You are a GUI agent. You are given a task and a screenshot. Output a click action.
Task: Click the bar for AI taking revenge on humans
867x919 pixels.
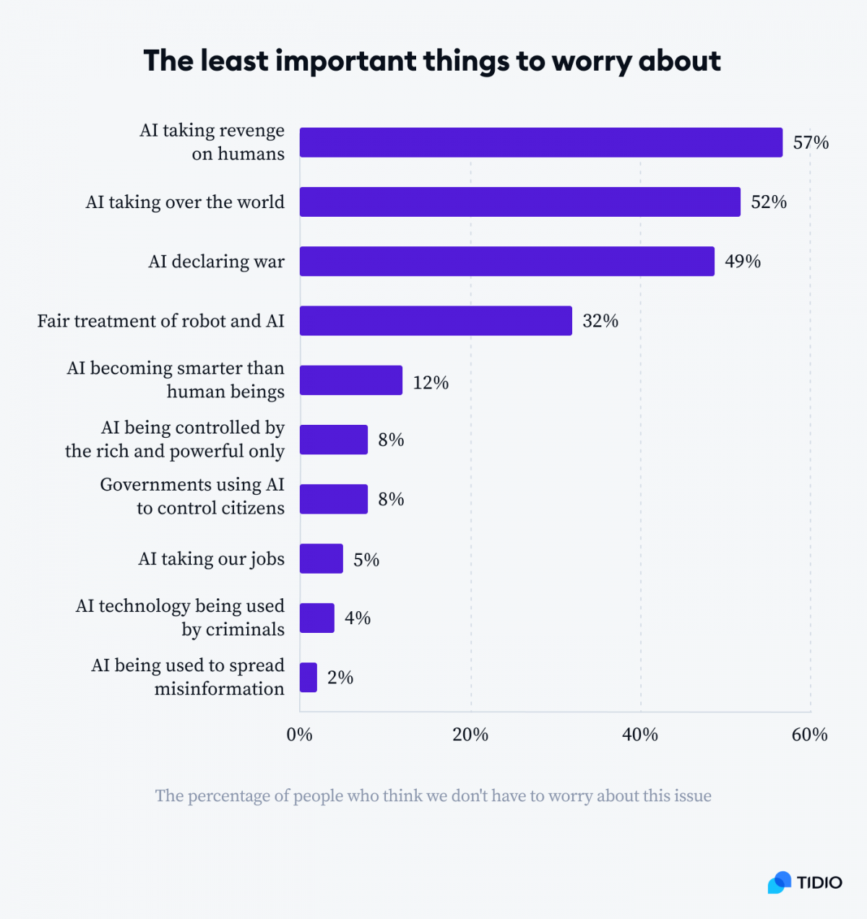point(540,142)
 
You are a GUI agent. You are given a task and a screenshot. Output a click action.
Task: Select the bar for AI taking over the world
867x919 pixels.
point(519,202)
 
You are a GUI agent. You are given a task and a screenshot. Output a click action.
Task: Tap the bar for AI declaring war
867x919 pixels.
point(506,261)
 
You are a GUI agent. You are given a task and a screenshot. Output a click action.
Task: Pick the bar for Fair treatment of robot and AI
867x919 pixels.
point(436,321)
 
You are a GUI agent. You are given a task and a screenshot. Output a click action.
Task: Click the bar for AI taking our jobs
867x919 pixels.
point(321,558)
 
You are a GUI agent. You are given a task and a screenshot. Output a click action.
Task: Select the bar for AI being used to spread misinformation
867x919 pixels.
point(309,678)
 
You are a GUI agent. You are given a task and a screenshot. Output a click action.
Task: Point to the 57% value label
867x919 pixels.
point(811,142)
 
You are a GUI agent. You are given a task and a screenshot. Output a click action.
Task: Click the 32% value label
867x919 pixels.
point(600,321)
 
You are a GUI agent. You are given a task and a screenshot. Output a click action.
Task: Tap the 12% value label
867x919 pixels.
point(431,382)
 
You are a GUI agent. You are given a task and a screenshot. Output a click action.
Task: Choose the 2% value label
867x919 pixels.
point(340,678)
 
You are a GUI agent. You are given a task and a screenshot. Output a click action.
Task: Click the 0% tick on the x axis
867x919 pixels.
point(300,735)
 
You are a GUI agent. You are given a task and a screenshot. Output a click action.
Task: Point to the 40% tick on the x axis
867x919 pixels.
point(640,735)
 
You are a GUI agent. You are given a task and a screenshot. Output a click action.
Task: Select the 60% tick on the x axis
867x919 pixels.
point(809,735)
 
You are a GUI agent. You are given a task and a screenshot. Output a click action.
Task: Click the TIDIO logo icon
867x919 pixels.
point(780,882)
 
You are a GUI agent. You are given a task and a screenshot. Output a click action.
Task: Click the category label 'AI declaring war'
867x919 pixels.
point(216,262)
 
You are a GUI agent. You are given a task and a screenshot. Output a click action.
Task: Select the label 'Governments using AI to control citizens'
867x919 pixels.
point(192,496)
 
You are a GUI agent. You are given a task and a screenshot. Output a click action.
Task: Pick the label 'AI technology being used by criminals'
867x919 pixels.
point(181,618)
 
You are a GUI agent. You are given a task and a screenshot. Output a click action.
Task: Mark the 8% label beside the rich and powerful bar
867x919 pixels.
point(391,440)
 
